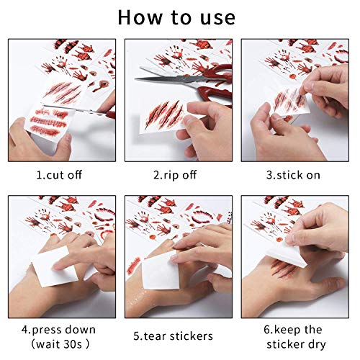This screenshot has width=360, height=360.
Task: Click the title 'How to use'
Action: coord(176,17)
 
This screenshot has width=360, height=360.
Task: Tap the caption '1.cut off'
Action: coord(59,175)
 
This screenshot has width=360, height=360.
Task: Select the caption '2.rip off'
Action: coord(175,175)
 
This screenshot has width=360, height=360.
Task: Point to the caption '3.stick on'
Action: coord(293,175)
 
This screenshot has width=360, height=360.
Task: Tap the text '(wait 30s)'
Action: coord(60,344)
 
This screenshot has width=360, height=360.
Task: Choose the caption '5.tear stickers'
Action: coord(173,336)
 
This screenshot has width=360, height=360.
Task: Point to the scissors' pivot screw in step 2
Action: coord(184,78)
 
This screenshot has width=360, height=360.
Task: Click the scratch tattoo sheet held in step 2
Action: coord(164,117)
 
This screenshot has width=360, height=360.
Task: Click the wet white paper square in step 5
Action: coord(161,274)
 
